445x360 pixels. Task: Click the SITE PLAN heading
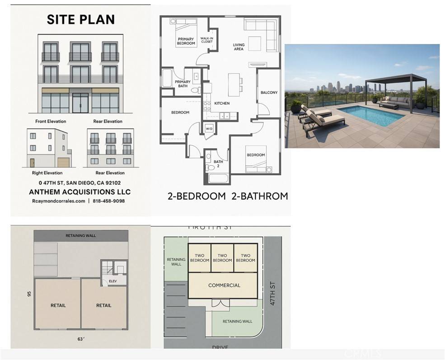click(81, 19)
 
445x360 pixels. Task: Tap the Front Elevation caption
click(51, 122)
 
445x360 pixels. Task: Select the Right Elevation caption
click(47, 173)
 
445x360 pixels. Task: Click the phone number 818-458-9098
click(109, 201)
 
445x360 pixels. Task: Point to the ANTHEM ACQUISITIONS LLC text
click(80, 192)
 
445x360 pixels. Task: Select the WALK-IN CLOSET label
click(207, 40)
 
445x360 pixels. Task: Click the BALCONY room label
click(269, 93)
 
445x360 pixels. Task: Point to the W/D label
click(210, 128)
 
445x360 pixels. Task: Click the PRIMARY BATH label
click(183, 84)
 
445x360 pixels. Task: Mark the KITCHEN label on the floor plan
click(222, 103)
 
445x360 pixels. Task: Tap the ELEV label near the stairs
click(112, 281)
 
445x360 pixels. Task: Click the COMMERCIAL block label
click(224, 285)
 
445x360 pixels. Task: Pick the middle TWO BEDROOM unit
click(222, 258)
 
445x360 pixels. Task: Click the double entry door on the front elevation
click(80, 103)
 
